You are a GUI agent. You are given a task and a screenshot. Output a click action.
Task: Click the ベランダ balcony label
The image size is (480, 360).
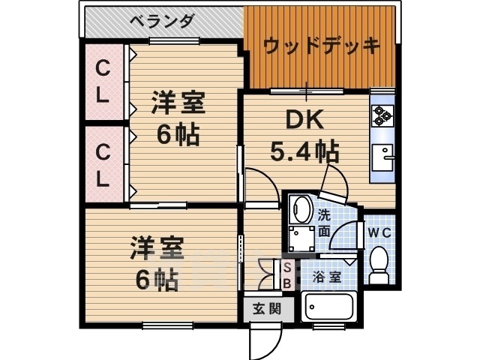161,20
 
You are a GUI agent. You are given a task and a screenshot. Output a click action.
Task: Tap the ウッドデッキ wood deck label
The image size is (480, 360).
321,45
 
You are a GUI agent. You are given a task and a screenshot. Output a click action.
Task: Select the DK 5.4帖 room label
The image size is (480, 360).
303,137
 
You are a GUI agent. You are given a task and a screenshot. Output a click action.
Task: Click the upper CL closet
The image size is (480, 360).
104,82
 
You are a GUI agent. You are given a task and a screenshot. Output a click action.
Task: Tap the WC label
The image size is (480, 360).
379,232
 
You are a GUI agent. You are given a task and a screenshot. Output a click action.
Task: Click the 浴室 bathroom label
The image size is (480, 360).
327,276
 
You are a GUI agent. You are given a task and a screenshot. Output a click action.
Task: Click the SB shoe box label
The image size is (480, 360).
286,275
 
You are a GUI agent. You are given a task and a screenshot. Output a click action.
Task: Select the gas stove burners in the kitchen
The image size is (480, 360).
382,115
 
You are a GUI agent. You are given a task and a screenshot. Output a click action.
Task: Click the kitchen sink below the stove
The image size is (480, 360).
384,157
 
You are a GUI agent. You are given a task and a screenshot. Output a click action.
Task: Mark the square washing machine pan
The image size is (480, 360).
303,240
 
